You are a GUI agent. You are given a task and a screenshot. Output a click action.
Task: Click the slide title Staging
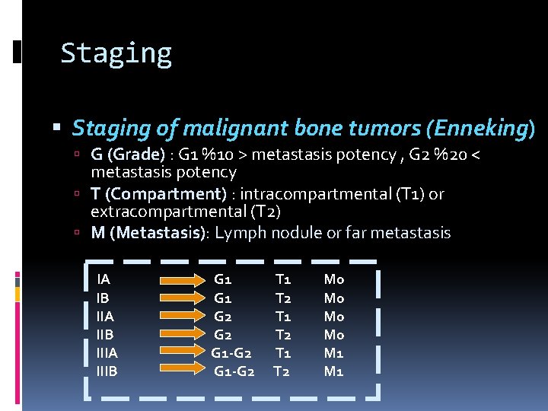(x=116, y=54)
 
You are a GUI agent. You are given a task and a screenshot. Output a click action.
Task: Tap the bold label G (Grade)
(x=127, y=155)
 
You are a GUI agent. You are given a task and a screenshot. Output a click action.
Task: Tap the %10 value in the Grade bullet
(x=217, y=155)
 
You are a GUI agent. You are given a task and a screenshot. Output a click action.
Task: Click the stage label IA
(x=104, y=280)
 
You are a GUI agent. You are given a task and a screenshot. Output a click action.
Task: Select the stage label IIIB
(x=108, y=371)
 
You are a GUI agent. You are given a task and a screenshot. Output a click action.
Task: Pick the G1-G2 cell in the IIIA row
(x=232, y=353)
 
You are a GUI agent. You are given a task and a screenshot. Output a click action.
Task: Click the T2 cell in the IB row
(x=282, y=298)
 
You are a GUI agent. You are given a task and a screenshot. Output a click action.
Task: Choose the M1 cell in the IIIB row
(x=333, y=371)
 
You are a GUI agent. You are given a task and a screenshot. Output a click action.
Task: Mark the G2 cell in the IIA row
(x=223, y=317)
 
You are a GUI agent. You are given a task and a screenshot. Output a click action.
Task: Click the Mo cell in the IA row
(x=333, y=280)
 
